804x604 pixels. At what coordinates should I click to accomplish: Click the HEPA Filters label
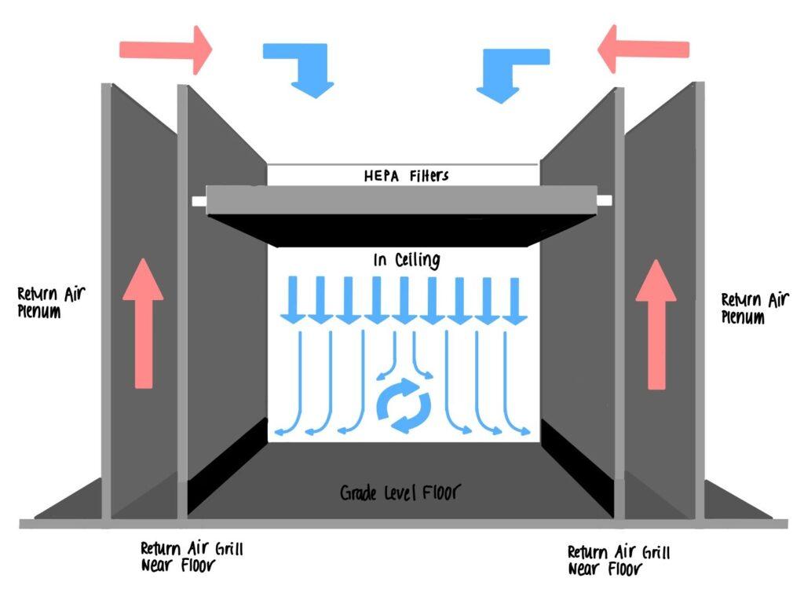click(406, 176)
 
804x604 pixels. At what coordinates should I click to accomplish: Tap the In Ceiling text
click(407, 260)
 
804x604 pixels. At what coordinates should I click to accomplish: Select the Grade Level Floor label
click(400, 492)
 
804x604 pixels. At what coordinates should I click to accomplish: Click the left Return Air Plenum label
click(51, 302)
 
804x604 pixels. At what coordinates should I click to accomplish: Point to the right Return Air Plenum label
click(755, 308)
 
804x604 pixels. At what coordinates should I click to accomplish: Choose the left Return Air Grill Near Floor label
click(192, 557)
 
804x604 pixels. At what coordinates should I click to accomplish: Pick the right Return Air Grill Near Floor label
click(619, 561)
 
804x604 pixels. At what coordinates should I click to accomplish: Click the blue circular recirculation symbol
click(404, 405)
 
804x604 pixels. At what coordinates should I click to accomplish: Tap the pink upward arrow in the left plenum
click(143, 324)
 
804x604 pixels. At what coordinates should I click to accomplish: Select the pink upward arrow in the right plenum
click(656, 325)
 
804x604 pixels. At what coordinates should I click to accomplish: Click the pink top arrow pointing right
click(166, 49)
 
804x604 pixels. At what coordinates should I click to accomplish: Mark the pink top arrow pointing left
click(644, 49)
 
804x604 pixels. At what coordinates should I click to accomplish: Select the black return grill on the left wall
click(228, 466)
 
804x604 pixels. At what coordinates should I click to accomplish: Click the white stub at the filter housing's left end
click(199, 201)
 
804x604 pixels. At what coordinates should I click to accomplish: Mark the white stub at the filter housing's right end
click(605, 200)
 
